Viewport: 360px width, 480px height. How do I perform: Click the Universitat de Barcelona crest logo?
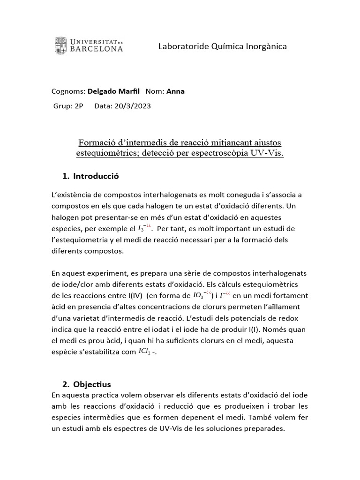(60, 45)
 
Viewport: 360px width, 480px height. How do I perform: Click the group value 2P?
(78, 106)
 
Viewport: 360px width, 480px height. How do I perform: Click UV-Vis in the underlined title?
(267, 153)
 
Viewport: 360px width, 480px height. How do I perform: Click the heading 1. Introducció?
(90, 176)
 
